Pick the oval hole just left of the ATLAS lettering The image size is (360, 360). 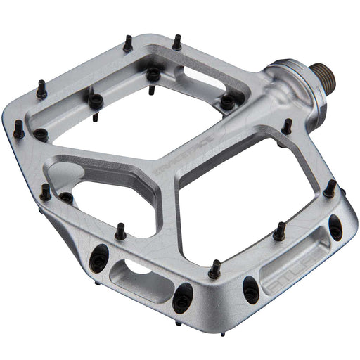tap(250, 288)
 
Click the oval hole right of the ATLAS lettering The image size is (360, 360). tap(336, 226)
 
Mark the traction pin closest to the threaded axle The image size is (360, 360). tap(286, 127)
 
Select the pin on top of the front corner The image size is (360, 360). tap(214, 268)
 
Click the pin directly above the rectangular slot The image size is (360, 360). tap(121, 230)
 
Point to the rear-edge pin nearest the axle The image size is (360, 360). tap(176, 43)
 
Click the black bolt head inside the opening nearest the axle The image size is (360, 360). tap(226, 103)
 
